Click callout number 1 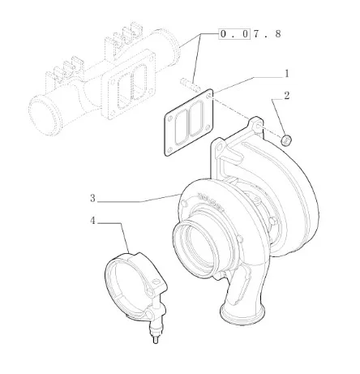coord(287,74)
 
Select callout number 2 coord(286,96)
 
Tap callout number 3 coord(92,198)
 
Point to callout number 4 coord(92,221)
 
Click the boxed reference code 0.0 coord(234,34)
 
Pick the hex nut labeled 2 coord(286,140)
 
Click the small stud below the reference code coord(190,84)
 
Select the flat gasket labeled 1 coord(189,123)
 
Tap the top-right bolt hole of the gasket coord(208,97)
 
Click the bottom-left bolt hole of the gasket coord(169,150)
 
